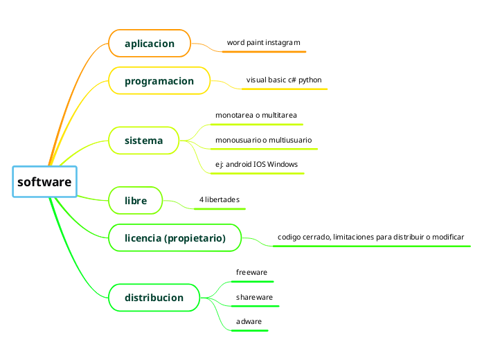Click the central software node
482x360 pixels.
44,182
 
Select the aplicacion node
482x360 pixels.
149,44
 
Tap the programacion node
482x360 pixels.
159,81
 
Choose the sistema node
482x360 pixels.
143,141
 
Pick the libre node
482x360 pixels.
136,201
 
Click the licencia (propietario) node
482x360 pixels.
175,238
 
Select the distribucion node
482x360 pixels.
154,298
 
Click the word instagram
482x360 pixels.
283,43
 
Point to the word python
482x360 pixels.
310,80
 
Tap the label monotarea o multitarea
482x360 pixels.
256,115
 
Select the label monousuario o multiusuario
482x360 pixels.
263,140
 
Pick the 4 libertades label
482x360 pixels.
219,200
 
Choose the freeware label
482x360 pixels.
251,273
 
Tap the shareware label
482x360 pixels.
254,298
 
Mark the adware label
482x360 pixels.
249,323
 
